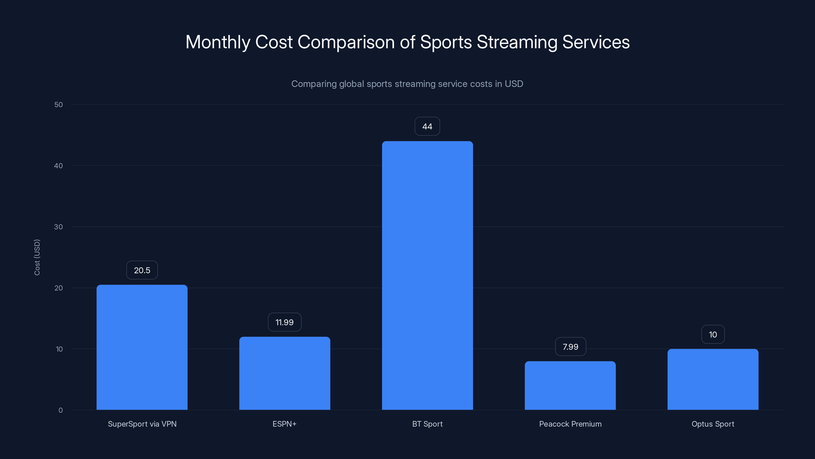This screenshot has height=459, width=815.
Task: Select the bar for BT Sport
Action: tap(427, 275)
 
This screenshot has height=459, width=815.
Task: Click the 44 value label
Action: tap(427, 126)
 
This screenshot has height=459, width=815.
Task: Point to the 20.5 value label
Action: tap(142, 270)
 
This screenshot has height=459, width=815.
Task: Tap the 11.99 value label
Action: tap(284, 322)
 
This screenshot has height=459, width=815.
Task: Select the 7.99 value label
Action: tap(570, 347)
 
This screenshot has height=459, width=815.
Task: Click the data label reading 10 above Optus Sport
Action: tap(713, 335)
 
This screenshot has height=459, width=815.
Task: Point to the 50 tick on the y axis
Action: tap(59, 105)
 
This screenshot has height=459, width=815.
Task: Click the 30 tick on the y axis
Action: tap(59, 227)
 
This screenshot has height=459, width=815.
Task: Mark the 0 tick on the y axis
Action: tap(60, 410)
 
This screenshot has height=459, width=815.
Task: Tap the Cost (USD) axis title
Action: tap(37, 257)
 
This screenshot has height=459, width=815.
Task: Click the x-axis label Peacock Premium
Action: tap(570, 424)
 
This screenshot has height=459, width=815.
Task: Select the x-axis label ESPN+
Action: tap(284, 424)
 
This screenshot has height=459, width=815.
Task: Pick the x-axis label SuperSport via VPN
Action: tap(142, 424)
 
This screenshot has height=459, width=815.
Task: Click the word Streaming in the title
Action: tap(517, 42)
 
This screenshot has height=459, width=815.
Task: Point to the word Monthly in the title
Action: tap(218, 42)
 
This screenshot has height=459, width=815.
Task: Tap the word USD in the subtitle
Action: tap(513, 84)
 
